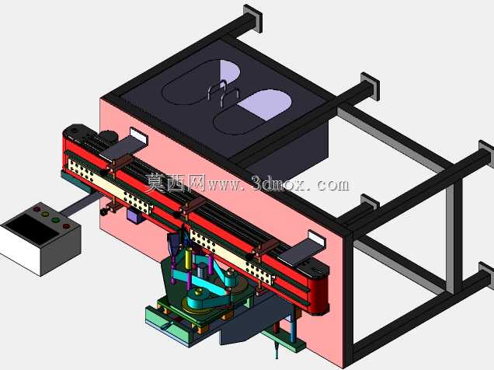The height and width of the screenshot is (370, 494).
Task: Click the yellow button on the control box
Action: pos(45,215)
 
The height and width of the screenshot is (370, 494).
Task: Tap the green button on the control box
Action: pos(55,220)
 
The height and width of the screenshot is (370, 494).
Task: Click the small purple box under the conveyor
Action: pos(134,216)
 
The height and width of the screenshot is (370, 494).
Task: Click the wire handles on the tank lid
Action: pos(223,92)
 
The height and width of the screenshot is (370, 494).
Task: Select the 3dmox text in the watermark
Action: pos(280,184)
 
